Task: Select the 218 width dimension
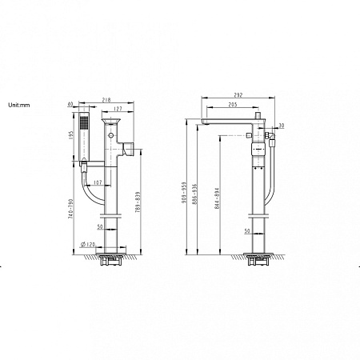pos(106,99)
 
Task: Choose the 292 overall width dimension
pos(237,94)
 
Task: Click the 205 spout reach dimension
pos(230,105)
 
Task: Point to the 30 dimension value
pos(282,125)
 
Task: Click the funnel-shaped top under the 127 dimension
pos(113,124)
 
